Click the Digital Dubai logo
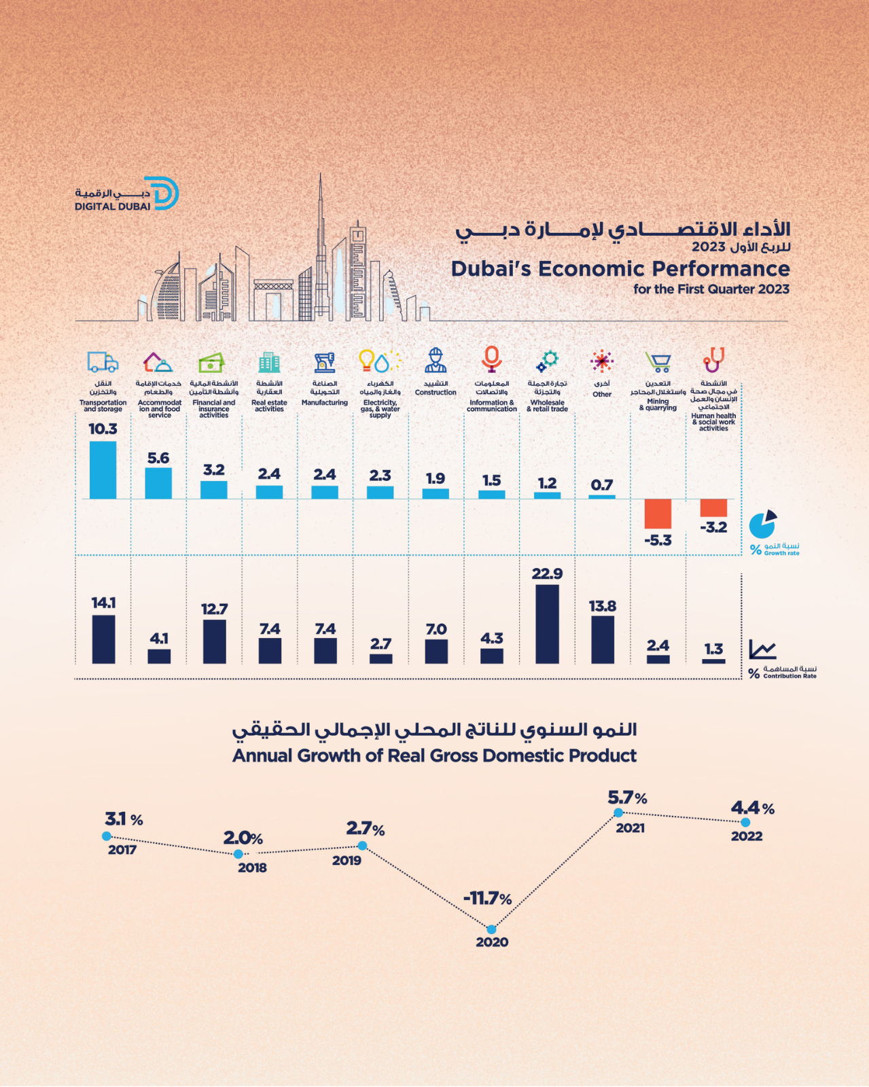127,194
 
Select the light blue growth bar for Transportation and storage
103,470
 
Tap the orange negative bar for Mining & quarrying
658,514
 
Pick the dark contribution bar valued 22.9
547,624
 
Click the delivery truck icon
103,362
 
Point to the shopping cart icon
658,362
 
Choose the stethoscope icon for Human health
713,360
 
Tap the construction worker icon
436,361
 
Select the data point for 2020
491,929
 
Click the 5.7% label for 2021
627,798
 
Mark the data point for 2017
107,836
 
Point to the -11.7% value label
487,899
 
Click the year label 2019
347,861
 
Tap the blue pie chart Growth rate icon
762,524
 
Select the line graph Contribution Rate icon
762,649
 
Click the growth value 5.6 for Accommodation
158,459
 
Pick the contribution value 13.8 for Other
603,606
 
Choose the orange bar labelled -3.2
713,507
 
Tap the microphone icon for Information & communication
491,359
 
